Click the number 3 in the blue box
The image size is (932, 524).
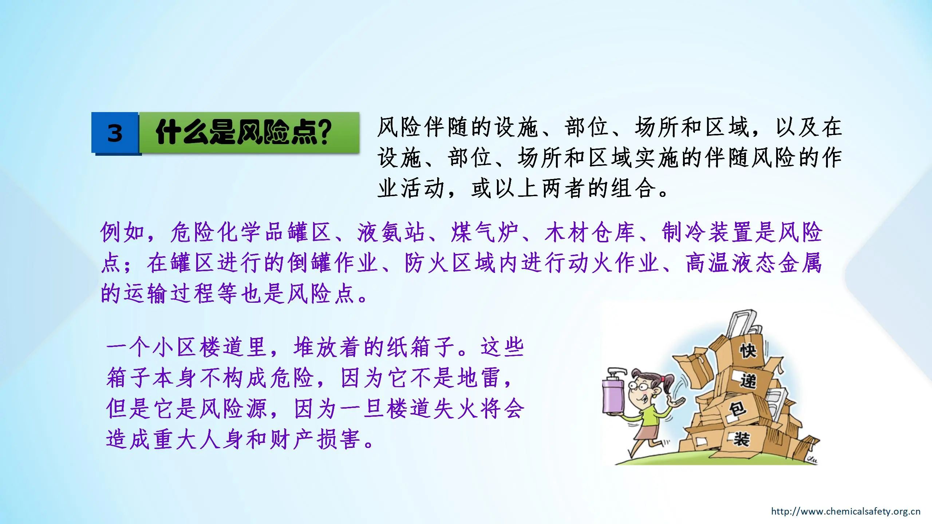(x=115, y=133)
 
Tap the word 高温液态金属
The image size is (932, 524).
(x=754, y=263)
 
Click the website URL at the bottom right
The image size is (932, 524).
(x=845, y=511)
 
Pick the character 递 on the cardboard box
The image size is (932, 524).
(x=749, y=381)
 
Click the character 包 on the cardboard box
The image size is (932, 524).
(x=738, y=409)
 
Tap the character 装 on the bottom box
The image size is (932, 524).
(x=741, y=439)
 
